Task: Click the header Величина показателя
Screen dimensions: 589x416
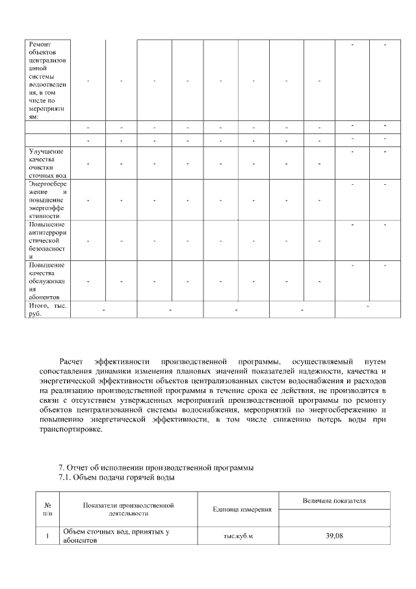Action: click(x=334, y=500)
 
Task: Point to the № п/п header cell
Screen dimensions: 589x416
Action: click(x=47, y=509)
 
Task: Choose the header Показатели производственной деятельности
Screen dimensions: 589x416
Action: click(x=129, y=509)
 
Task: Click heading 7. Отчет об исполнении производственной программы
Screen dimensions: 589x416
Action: click(x=155, y=467)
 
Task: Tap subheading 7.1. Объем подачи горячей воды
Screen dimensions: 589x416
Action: click(x=116, y=478)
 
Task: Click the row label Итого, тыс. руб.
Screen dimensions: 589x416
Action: click(x=47, y=309)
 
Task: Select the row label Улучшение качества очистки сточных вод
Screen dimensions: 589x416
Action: click(x=47, y=163)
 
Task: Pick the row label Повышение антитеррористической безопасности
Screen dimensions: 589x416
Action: click(x=47, y=241)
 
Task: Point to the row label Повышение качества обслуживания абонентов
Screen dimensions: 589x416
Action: click(x=47, y=281)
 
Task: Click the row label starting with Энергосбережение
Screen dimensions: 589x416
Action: click(x=47, y=200)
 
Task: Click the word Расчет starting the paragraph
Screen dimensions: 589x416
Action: click(x=71, y=361)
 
